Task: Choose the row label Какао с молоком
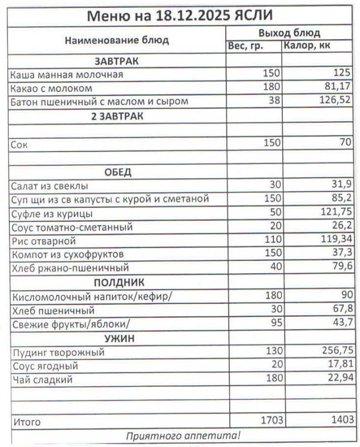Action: (x=51, y=88)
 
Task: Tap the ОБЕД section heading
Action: (x=117, y=172)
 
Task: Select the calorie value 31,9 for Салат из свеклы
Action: (x=340, y=186)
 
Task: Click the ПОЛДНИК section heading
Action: (x=117, y=282)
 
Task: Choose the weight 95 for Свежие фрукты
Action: (x=274, y=324)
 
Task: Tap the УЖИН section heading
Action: (x=117, y=338)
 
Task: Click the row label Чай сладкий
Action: (x=42, y=380)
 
